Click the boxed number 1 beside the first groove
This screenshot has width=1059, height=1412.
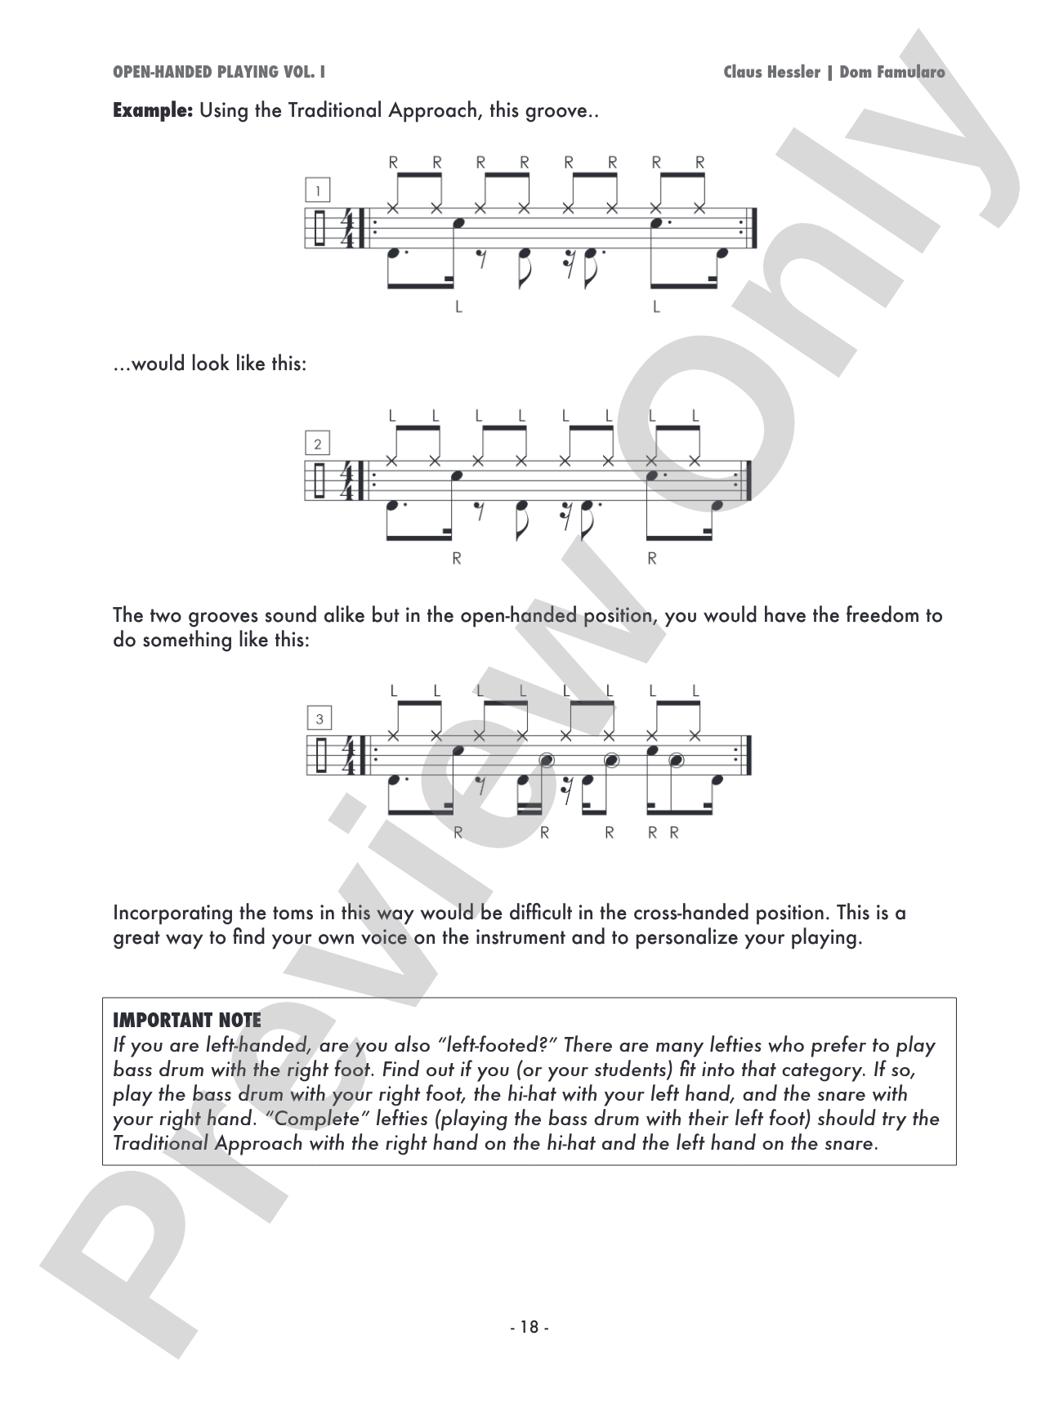point(318,191)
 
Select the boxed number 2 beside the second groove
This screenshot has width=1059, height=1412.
point(318,444)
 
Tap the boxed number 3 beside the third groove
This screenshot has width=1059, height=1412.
point(319,719)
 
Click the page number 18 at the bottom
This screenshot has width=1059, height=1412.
point(529,1327)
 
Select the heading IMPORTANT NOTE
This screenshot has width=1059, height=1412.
point(187,1021)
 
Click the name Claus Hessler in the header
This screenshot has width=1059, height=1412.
point(771,72)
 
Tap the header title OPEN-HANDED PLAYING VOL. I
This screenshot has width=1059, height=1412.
point(219,72)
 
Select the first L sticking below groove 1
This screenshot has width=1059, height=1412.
point(458,307)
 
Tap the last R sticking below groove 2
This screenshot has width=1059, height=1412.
point(652,559)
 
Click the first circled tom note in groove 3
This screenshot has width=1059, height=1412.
point(547,761)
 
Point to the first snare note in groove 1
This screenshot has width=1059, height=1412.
point(460,222)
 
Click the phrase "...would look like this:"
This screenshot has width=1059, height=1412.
point(210,364)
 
